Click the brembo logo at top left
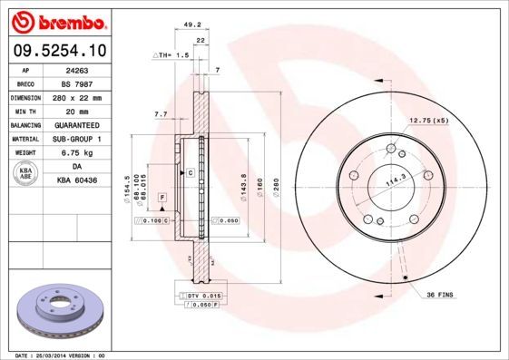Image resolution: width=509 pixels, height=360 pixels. coord(57,21)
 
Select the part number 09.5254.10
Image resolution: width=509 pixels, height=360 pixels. coord(57,51)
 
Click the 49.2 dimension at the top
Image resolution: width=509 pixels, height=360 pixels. coord(191,25)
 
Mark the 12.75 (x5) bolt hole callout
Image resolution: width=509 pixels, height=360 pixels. coord(429,119)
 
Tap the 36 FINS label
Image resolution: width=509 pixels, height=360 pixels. coord(439,294)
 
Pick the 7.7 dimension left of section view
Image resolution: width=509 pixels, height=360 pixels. coord(161,114)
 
